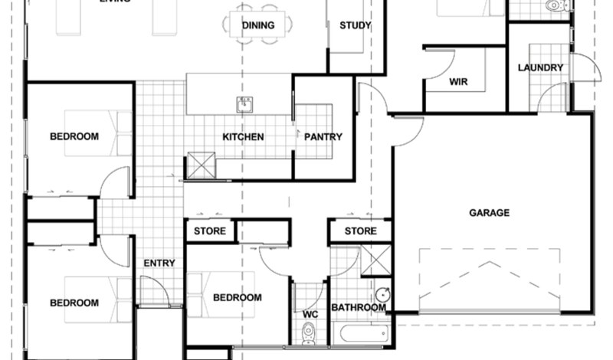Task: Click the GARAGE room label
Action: pyautogui.click(x=489, y=213)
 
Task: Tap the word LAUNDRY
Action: pyautogui.click(x=540, y=67)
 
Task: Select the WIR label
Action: pyautogui.click(x=458, y=82)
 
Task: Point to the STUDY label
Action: pyautogui.click(x=355, y=25)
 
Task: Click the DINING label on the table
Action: pyautogui.click(x=258, y=25)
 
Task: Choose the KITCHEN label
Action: pyautogui.click(x=243, y=137)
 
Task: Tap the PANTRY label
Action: pyautogui.click(x=323, y=137)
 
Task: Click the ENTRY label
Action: pyautogui.click(x=159, y=263)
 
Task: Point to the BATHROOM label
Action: pyautogui.click(x=358, y=308)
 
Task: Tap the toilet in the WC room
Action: pyautogui.click(x=309, y=332)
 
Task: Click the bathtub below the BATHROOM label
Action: pyautogui.click(x=360, y=333)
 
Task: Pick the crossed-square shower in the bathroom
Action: pyautogui.click(x=375, y=260)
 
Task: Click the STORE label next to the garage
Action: pyautogui.click(x=360, y=231)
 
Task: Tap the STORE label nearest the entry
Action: pyautogui.click(x=209, y=231)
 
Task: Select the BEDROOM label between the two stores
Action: pyautogui.click(x=237, y=298)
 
